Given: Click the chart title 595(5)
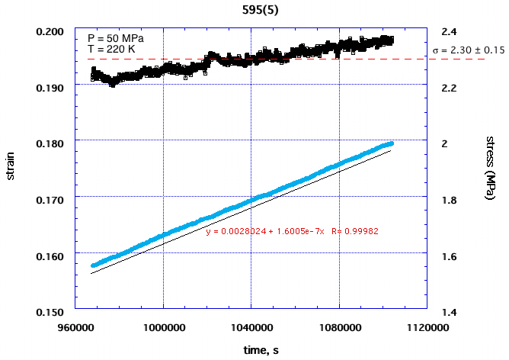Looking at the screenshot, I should (x=254, y=11).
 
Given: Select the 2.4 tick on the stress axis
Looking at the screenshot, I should (x=449, y=31).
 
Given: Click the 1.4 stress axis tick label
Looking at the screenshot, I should (x=449, y=311).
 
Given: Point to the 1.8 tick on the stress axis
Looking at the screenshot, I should (x=449, y=200).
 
